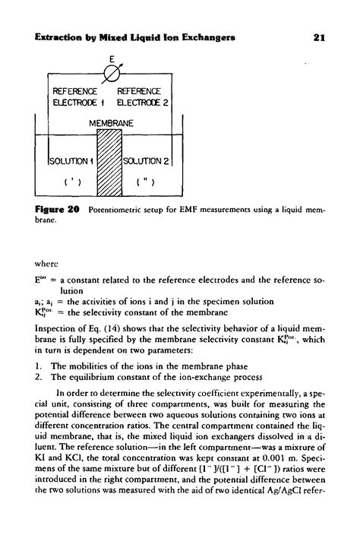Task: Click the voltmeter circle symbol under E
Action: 112,74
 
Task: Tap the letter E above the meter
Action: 112,58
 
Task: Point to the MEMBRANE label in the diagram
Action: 112,122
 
